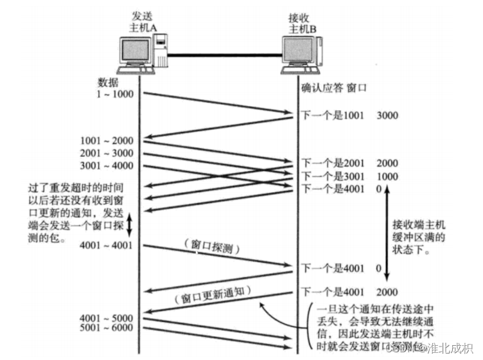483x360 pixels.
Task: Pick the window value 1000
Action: click(x=387, y=175)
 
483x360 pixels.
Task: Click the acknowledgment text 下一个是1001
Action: click(x=333, y=116)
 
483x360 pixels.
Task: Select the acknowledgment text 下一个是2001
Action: click(x=333, y=163)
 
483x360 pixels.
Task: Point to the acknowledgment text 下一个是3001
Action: click(x=333, y=175)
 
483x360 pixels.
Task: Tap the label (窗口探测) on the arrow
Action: click(x=211, y=245)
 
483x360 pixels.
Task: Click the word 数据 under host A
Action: click(x=107, y=82)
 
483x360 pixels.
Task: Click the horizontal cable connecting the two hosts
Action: click(x=225, y=57)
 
